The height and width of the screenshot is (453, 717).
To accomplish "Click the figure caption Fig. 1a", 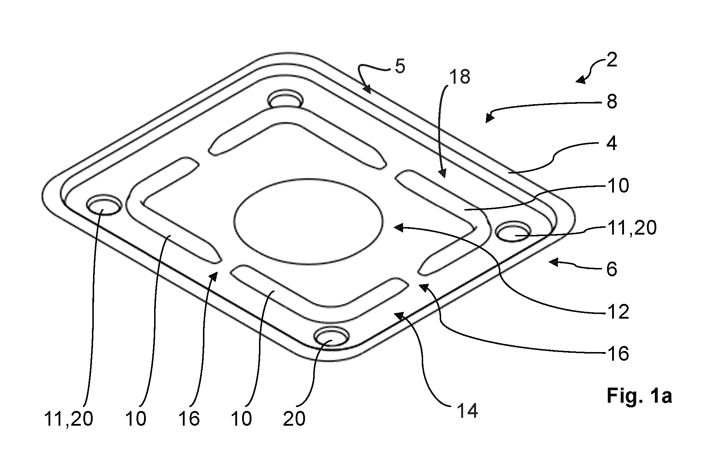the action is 639,396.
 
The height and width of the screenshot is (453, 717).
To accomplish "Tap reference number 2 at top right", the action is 611,60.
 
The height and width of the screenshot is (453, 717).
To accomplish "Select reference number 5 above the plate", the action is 400,67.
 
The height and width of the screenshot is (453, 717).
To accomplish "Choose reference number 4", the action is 611,144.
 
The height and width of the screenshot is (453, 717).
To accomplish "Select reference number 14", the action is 467,410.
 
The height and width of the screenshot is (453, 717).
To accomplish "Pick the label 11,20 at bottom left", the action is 69,419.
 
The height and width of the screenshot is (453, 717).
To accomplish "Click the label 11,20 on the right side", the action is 632,227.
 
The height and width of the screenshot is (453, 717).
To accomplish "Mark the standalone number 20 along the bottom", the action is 294,419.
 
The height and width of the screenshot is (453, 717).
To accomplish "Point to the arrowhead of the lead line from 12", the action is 399,227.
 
